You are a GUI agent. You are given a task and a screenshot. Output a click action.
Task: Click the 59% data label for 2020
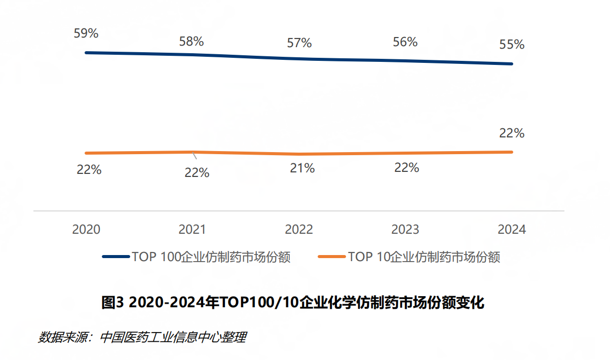point(86,33)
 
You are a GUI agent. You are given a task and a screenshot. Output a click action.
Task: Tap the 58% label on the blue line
point(192,42)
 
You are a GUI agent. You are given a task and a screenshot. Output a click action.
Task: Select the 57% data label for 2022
point(299,43)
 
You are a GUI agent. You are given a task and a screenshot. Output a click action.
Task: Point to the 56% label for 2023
point(405,42)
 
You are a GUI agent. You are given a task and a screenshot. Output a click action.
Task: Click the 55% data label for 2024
point(512,45)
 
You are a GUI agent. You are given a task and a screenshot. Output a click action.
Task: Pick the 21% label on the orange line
point(302,168)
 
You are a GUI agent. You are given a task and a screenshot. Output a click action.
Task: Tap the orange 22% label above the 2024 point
point(512,133)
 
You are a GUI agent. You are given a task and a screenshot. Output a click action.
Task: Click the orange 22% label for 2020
point(89,170)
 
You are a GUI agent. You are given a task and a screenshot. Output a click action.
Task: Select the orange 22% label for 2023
point(407,168)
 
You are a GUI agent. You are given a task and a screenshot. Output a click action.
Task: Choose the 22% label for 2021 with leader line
point(197,173)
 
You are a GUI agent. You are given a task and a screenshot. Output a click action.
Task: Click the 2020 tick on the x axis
point(86,229)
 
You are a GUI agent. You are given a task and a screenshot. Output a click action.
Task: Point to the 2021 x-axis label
point(193,229)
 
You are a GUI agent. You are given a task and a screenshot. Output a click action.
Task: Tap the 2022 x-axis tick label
point(299,229)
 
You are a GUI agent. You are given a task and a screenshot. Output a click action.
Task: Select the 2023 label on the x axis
point(405,229)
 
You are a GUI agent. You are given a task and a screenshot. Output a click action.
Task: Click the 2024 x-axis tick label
point(512,229)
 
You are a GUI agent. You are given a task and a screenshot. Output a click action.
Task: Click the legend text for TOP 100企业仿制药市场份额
point(211,257)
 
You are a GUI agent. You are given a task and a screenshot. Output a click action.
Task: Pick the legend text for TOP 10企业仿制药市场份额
point(424,257)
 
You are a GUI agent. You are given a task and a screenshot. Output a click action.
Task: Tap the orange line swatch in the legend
point(331,257)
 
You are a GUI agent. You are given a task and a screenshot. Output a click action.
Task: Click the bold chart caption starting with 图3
point(293,303)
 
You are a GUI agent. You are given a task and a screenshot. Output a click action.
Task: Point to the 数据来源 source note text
point(142,337)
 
